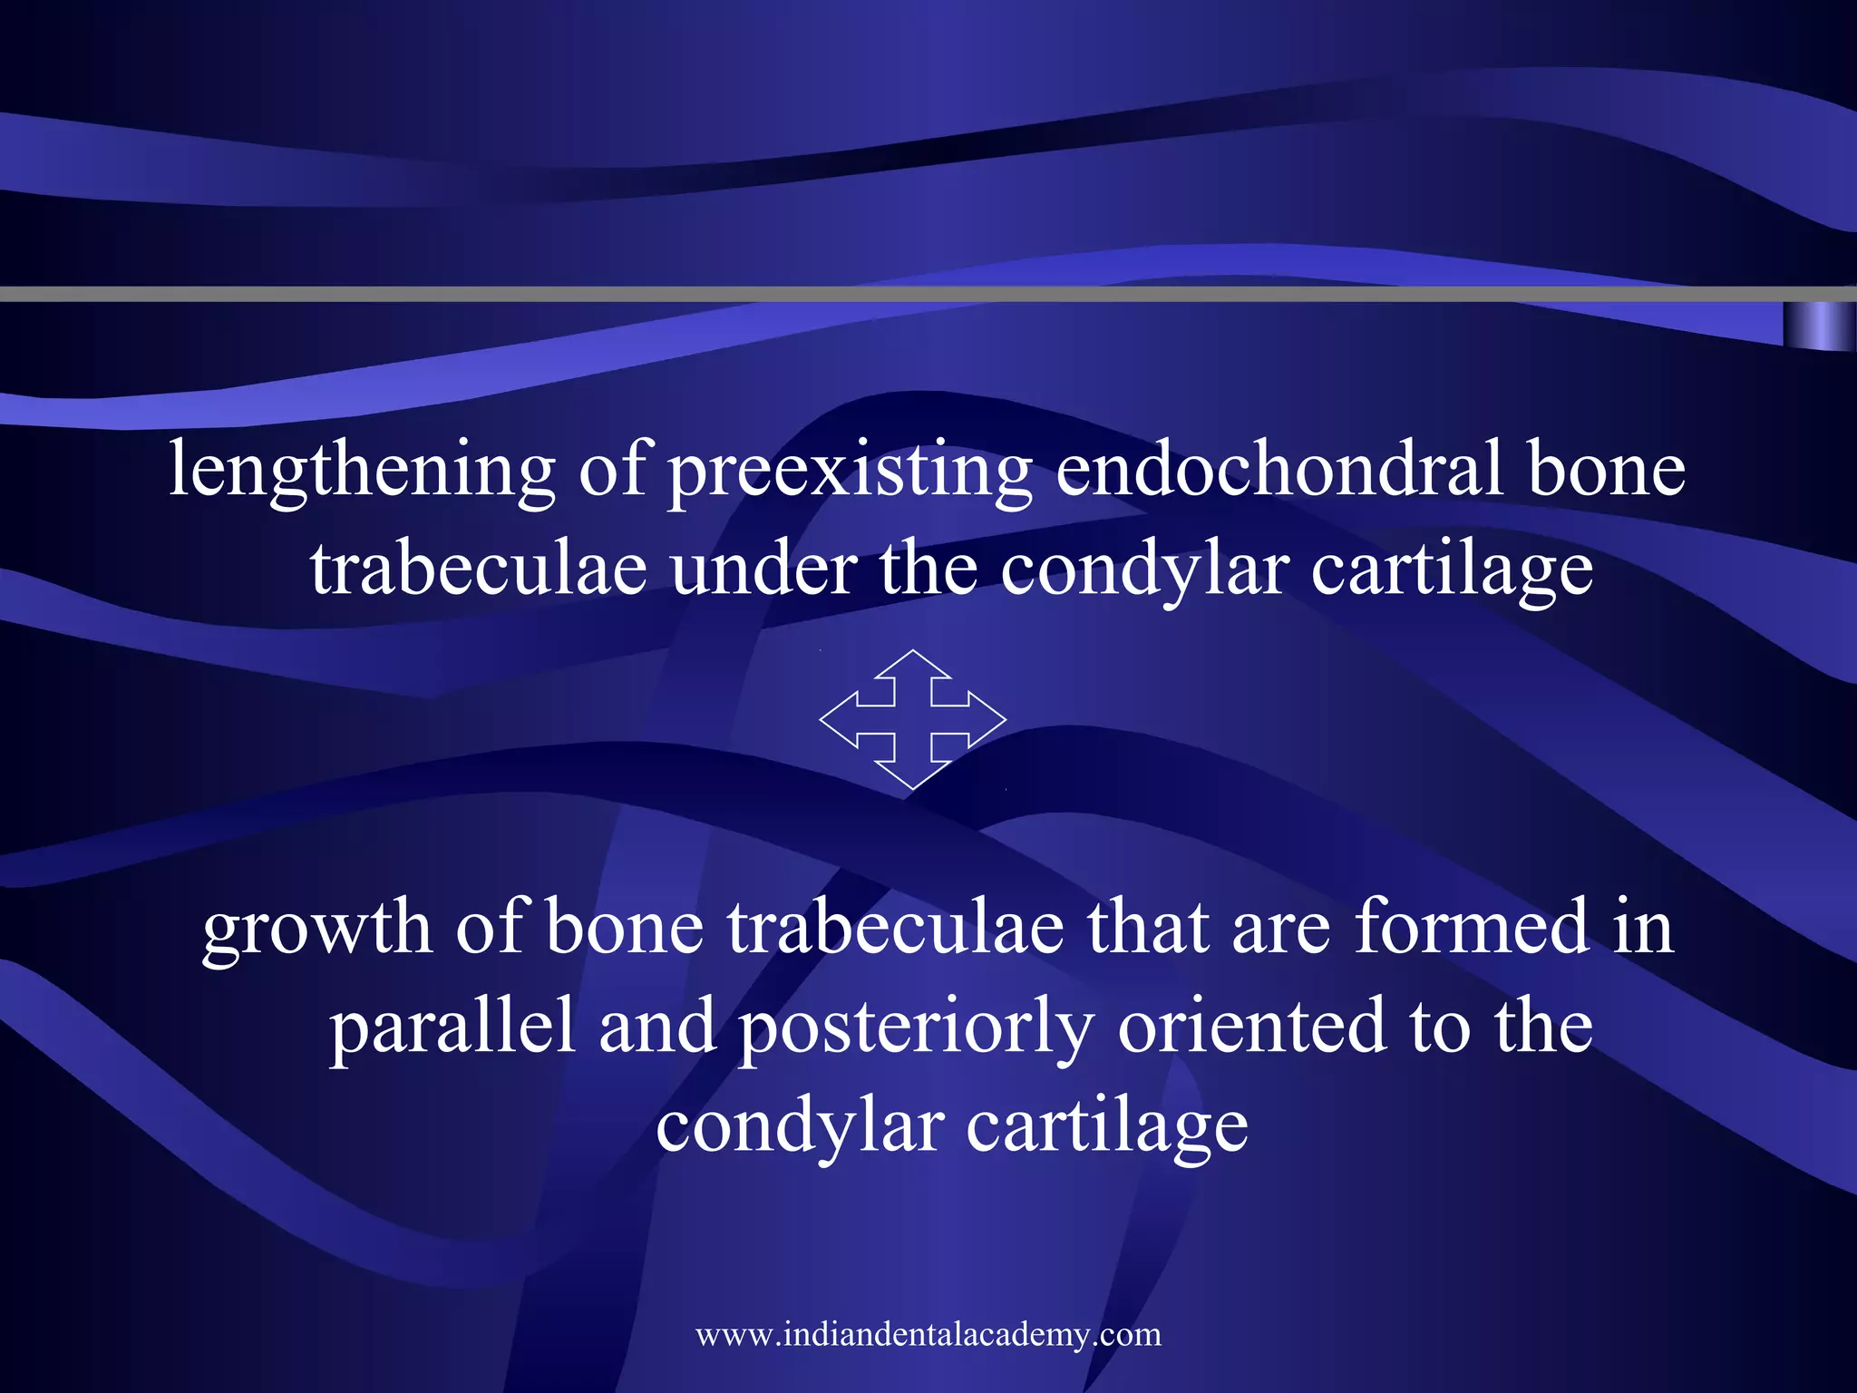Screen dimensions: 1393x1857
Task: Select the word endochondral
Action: click(x=1279, y=470)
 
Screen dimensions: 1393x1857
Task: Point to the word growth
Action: click(x=316, y=929)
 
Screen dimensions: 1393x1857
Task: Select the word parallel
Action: click(x=452, y=1027)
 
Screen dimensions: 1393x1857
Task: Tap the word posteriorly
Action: click(x=916, y=1028)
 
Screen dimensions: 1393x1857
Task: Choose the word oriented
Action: click(x=1251, y=1027)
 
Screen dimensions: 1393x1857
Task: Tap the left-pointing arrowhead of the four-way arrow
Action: click(x=839, y=720)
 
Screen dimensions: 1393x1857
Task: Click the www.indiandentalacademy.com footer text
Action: click(x=928, y=1334)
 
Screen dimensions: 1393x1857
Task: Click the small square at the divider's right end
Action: click(x=1818, y=326)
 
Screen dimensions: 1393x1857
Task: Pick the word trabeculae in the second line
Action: click(x=479, y=570)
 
